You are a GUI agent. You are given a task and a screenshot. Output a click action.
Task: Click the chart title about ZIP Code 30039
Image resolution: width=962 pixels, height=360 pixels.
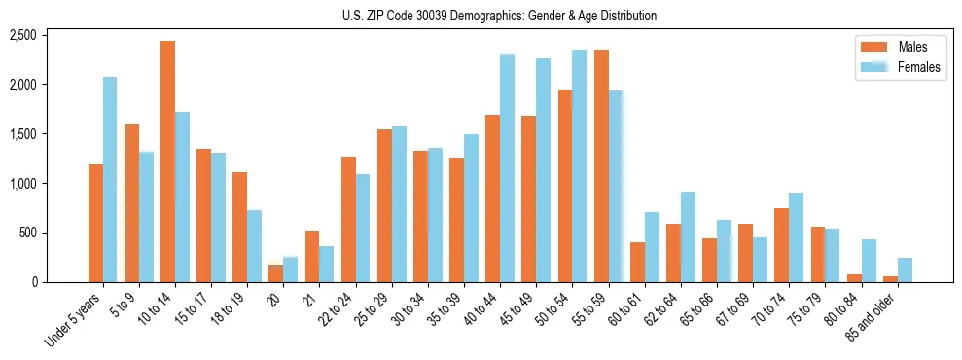pos(499,16)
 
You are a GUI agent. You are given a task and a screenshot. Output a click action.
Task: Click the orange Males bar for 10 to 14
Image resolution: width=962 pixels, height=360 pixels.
pos(168,162)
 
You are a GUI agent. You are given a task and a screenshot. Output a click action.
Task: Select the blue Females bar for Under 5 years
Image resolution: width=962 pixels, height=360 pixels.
pos(110,180)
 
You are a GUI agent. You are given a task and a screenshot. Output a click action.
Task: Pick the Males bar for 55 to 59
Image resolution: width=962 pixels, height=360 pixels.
pos(601,166)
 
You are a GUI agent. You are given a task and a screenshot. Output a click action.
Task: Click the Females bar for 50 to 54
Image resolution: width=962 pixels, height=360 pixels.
pos(580,166)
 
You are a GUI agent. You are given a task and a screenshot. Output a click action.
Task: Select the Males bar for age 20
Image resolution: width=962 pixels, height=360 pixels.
pos(276,273)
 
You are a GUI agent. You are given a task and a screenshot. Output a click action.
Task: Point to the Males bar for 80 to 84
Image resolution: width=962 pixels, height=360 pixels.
pos(854,278)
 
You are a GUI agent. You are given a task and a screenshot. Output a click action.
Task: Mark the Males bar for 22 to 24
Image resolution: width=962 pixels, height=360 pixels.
pos(348,220)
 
